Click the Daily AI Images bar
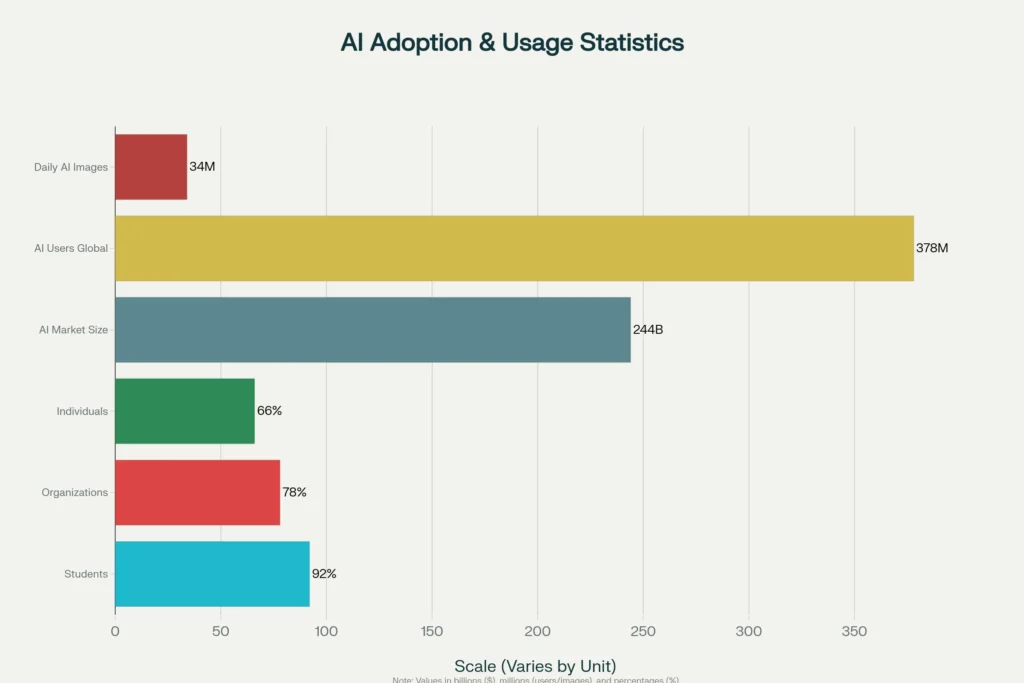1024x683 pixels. tap(151, 167)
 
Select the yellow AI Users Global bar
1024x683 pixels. tap(514, 248)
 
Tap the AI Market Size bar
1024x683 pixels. tap(372, 329)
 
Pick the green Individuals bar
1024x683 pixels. tap(185, 410)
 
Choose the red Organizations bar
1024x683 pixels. tap(197, 492)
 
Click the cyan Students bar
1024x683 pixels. tap(212, 573)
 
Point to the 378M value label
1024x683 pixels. tap(932, 248)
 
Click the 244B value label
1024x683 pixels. tap(647, 329)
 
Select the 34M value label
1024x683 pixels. tap(202, 167)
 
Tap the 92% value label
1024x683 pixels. tap(324, 574)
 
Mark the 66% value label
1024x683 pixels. tap(269, 411)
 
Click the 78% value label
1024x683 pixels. tap(294, 492)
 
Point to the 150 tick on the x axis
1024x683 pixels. tap(432, 631)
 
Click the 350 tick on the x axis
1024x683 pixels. tap(854, 631)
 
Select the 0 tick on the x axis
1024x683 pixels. tap(115, 631)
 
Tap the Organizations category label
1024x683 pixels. tap(74, 492)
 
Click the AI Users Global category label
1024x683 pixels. tap(70, 248)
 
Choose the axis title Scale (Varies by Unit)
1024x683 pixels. tap(535, 666)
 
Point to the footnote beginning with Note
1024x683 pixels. tap(535, 680)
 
